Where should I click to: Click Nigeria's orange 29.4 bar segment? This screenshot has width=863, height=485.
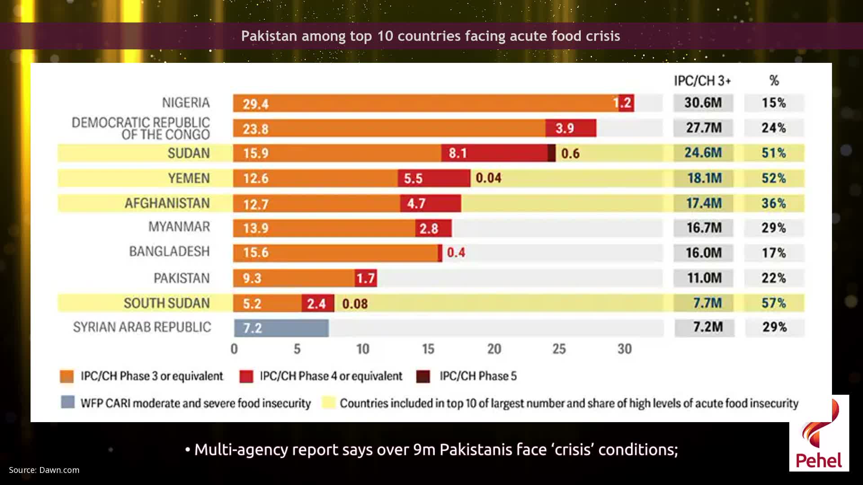tap(425, 103)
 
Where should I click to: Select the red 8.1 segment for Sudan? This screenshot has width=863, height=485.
tap(494, 153)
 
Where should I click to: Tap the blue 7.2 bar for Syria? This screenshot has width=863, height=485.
tap(281, 328)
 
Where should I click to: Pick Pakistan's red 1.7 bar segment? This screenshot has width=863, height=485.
tap(365, 278)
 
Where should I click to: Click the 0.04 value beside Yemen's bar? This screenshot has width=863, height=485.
tap(489, 178)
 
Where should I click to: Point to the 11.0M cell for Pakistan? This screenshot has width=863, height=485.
tap(703, 278)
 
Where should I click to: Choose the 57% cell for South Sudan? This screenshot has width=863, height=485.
tap(774, 303)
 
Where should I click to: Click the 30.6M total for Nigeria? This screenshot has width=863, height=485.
tap(703, 103)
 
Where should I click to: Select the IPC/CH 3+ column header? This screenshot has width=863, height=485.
tap(702, 81)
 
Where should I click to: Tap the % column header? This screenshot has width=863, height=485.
tap(774, 81)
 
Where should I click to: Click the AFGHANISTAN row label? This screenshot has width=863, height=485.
tap(167, 203)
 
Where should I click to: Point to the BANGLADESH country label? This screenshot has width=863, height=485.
tap(169, 251)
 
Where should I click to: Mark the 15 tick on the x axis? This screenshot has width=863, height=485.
tap(428, 349)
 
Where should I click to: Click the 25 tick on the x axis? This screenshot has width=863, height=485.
tap(559, 349)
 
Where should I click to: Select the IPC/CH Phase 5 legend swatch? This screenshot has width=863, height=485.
tap(423, 376)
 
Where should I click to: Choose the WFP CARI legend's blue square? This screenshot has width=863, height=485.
tap(68, 402)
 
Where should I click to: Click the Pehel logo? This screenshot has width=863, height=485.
tap(819, 433)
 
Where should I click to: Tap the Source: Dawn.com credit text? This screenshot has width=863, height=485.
tap(44, 470)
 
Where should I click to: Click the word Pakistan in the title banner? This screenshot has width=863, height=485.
tap(269, 36)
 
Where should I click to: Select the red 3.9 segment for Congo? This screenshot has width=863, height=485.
tap(571, 128)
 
